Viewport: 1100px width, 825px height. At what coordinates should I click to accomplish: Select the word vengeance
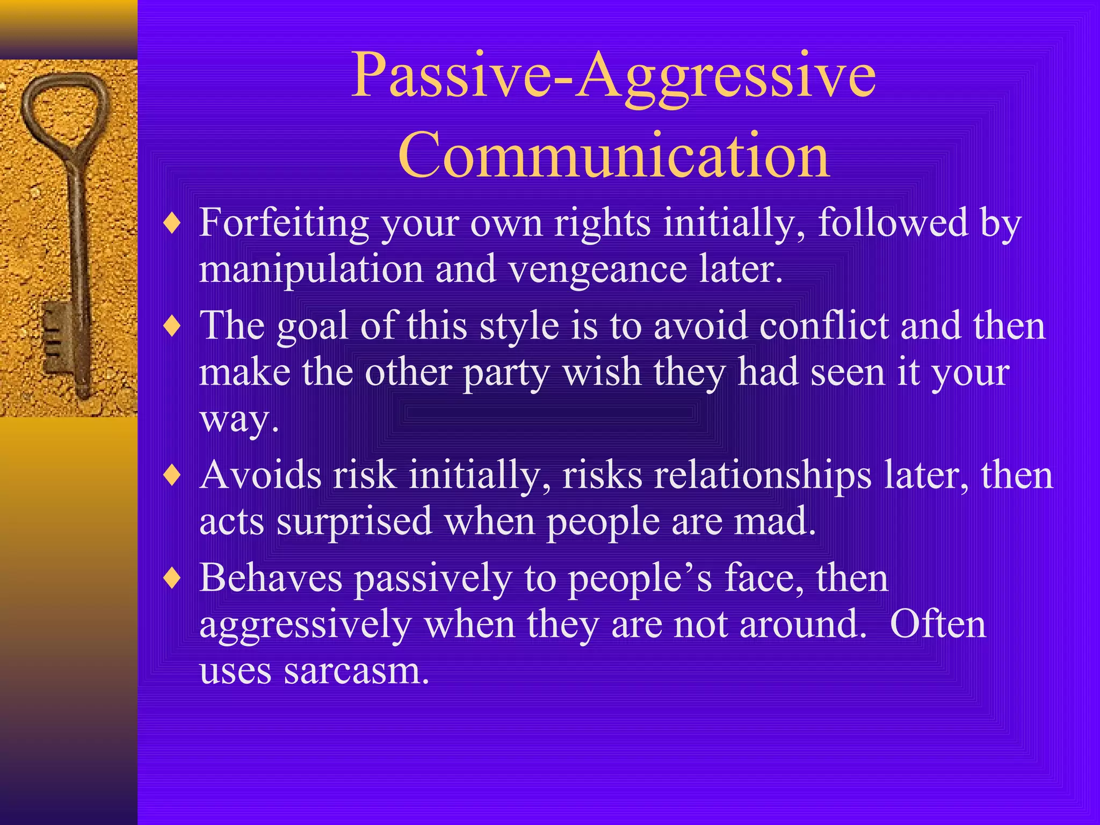click(597, 270)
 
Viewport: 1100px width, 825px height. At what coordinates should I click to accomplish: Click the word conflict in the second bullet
click(824, 326)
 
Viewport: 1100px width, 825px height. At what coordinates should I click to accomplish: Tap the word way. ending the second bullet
click(239, 419)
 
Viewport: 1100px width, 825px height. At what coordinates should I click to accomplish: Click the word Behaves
click(271, 578)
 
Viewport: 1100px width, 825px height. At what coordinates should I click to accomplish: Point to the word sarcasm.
click(357, 671)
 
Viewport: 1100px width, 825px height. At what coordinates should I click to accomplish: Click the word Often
click(938, 625)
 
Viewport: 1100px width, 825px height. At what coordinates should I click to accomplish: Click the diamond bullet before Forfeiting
click(172, 223)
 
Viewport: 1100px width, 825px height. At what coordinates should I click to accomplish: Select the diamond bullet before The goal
click(172, 327)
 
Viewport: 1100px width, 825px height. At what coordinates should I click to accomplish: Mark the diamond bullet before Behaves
click(172, 579)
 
